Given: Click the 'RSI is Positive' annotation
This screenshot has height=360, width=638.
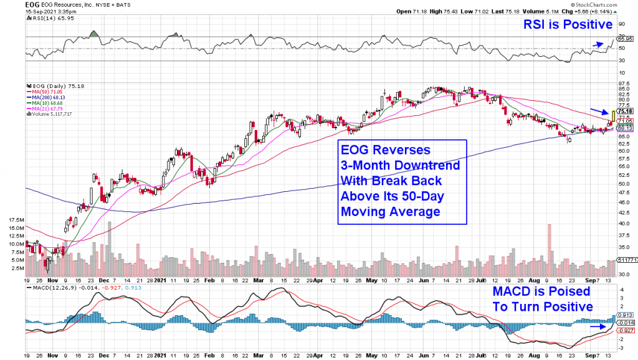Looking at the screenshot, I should tap(569, 25).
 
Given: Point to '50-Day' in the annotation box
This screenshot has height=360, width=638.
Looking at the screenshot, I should tap(430, 196).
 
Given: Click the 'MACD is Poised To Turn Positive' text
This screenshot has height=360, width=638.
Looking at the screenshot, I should tap(543, 299).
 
